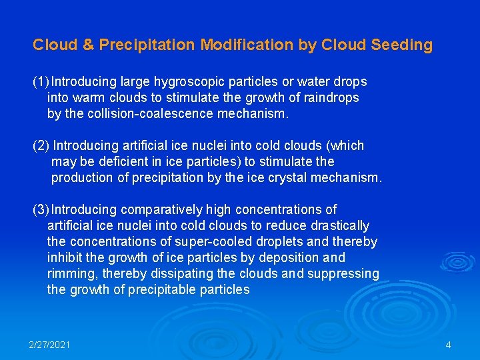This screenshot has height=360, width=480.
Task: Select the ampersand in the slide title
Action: pyautogui.click(x=89, y=45)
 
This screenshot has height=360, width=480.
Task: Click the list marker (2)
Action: pyautogui.click(x=41, y=146)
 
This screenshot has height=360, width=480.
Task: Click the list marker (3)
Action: pyautogui.click(x=41, y=210)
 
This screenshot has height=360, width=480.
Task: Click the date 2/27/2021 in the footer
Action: pyautogui.click(x=49, y=345)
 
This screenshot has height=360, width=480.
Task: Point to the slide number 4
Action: pyautogui.click(x=448, y=345)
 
